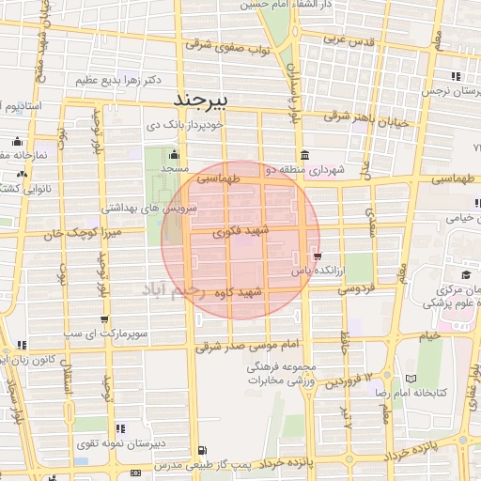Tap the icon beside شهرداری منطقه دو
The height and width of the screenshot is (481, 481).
[303, 155]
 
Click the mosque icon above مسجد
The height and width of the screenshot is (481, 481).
[172, 155]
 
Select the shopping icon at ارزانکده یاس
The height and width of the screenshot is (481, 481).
[319, 255]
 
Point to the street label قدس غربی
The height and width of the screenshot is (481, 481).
[349, 40]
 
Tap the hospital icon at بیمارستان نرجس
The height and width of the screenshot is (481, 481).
[455, 76]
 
